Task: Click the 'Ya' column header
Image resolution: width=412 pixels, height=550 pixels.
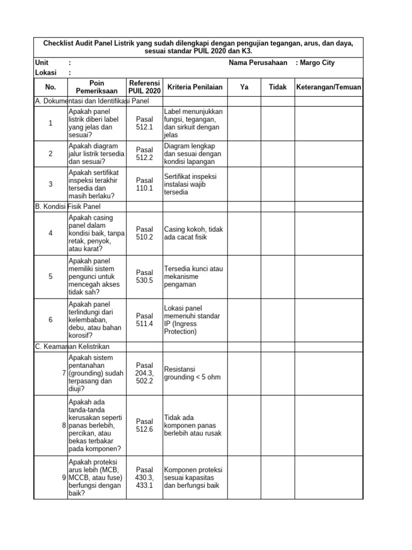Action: click(245, 87)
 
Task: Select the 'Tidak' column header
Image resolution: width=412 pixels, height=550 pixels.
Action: click(278, 87)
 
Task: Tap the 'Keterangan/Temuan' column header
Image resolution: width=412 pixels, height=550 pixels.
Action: click(329, 87)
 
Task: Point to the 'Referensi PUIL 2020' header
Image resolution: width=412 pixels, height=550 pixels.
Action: click(145, 87)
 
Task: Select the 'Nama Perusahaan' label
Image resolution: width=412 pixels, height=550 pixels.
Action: click(258, 63)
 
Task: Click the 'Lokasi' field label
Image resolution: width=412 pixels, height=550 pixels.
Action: click(46, 73)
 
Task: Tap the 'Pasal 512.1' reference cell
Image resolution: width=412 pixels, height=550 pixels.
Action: click(145, 123)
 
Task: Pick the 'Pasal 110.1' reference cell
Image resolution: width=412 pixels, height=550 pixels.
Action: click(145, 184)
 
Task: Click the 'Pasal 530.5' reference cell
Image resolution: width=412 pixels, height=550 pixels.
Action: click(145, 276)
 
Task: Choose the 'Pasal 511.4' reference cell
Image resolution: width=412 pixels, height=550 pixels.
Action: click(145, 320)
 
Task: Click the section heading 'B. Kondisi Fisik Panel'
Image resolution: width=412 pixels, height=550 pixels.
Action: click(68, 206)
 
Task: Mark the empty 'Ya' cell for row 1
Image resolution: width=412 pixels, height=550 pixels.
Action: click(245, 123)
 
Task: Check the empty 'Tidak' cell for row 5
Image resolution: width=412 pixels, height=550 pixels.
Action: click(278, 276)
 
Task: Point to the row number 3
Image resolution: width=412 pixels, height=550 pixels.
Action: click(50, 184)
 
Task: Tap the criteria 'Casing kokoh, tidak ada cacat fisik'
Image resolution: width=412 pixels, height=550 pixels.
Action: click(193, 233)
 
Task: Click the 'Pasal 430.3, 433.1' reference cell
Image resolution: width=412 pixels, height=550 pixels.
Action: click(145, 477)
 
